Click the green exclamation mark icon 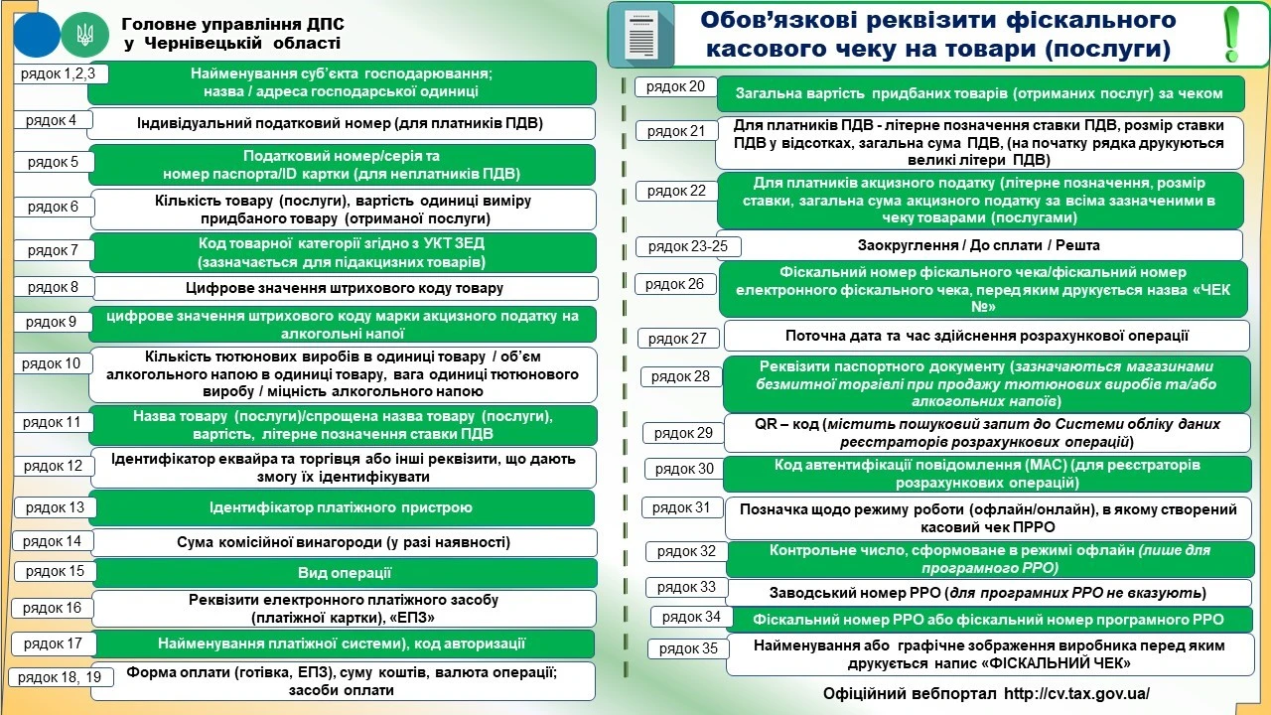click(1232, 34)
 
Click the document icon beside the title click(641, 34)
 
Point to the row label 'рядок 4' click(53, 120)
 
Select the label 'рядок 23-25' click(688, 246)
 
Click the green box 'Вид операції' click(344, 573)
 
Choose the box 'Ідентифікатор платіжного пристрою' click(341, 507)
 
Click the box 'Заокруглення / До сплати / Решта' click(978, 245)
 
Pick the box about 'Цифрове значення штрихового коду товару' click(344, 288)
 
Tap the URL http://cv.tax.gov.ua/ click(1077, 693)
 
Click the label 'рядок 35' click(688, 649)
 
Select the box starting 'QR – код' click(986, 432)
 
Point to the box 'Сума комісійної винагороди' click(344, 542)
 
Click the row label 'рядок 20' click(675, 86)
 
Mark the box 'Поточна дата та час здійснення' click(986, 337)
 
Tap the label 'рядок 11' click(52, 422)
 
